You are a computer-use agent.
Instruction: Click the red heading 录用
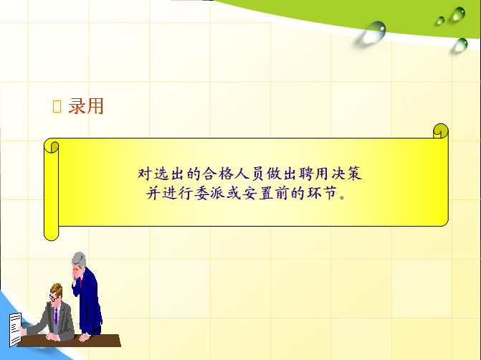pos(85,106)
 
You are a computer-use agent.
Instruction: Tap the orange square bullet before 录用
pos(57,107)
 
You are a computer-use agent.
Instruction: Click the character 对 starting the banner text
pos(145,174)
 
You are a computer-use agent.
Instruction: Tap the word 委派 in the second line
pos(210,194)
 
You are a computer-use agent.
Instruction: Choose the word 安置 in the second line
pos(258,194)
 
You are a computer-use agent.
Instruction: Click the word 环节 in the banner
pos(322,194)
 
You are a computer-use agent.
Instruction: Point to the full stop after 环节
pos(343,197)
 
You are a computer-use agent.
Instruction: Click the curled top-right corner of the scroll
pos(441,131)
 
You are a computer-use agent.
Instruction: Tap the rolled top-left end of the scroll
pos(52,147)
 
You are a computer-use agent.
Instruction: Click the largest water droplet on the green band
pos(375,32)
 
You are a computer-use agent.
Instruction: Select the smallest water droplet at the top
pos(441,21)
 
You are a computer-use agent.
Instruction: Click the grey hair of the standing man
pos(79,259)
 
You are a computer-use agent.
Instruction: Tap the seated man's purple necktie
pos(56,316)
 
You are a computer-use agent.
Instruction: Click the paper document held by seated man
pos(15,330)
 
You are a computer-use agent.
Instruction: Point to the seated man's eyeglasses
pos(53,298)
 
